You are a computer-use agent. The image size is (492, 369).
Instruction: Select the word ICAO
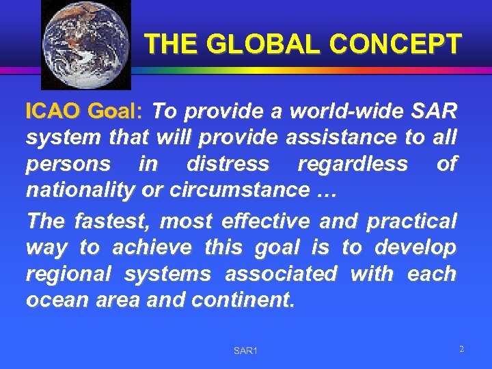pos(52,111)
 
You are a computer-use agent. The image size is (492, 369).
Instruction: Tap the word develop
pos(418,247)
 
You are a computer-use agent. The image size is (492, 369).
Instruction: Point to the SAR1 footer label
pos(245,351)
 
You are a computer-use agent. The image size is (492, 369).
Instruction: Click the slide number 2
pos(461,349)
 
